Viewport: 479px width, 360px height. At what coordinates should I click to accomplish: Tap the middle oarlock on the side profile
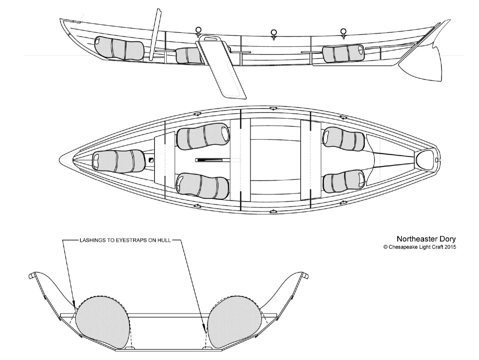click(273, 34)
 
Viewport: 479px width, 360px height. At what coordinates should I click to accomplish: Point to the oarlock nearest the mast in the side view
click(199, 30)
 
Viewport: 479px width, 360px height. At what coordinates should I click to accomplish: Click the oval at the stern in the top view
click(426, 160)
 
